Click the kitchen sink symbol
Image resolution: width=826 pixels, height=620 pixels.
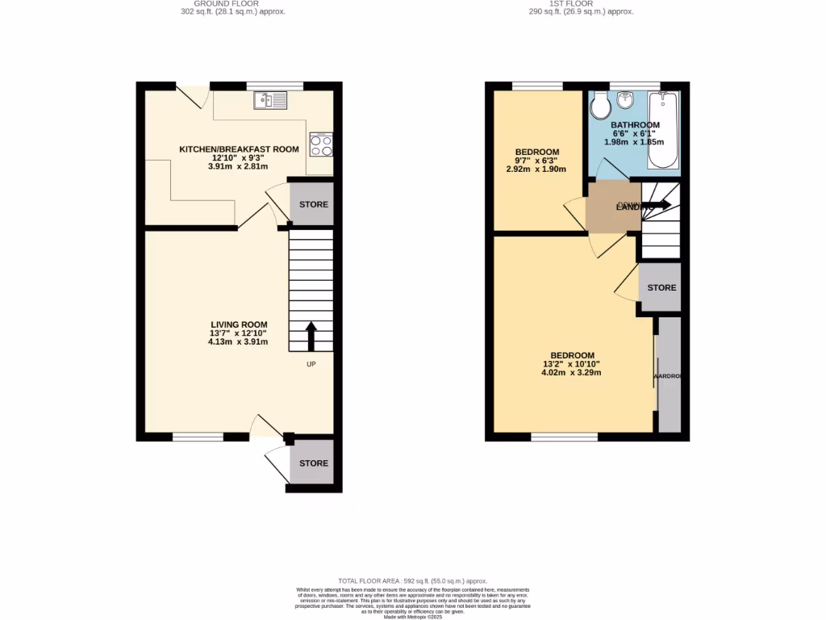tap(270, 100)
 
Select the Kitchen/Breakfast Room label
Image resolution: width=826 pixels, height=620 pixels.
tap(239, 149)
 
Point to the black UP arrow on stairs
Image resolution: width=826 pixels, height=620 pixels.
tap(311, 335)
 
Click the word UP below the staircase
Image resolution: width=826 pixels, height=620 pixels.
tap(311, 364)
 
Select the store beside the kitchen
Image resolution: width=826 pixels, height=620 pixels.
tap(314, 205)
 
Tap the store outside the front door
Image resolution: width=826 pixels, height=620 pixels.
tap(314, 463)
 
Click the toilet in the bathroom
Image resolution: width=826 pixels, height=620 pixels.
tap(600, 107)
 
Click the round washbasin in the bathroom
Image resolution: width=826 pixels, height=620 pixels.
tap(625, 100)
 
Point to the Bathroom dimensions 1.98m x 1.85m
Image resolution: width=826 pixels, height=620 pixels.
tap(634, 142)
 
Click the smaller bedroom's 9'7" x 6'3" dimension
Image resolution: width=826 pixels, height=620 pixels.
tap(536, 161)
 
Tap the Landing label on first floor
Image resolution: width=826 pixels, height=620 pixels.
tap(634, 207)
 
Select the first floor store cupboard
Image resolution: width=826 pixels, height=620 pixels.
tap(661, 287)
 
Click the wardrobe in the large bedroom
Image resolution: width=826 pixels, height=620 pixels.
tap(669, 376)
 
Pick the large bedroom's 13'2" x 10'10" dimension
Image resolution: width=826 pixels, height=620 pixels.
tap(572, 364)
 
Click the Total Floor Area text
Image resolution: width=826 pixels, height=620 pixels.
tap(413, 580)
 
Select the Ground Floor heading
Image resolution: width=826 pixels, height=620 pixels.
tap(233, 4)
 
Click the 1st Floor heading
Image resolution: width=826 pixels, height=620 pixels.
tap(581, 4)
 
